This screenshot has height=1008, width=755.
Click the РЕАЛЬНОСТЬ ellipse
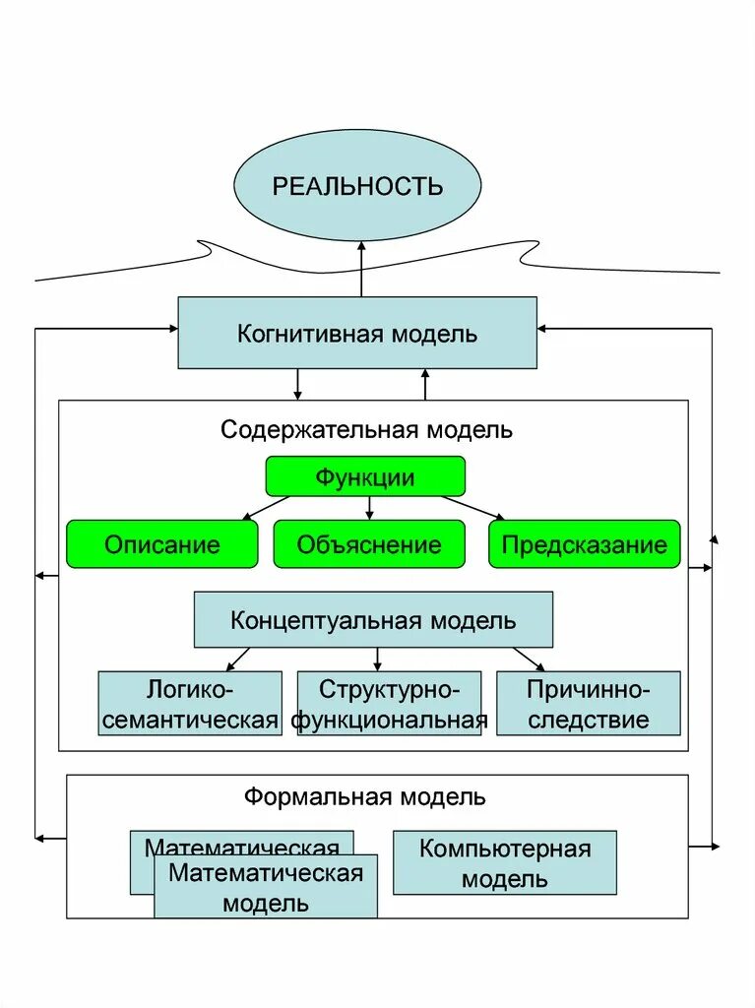click(357, 185)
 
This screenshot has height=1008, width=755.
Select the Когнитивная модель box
click(357, 333)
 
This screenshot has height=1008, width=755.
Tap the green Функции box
click(365, 477)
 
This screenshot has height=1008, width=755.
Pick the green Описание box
click(162, 544)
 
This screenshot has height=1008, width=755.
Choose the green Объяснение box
click(369, 544)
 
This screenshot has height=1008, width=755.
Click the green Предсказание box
click(585, 544)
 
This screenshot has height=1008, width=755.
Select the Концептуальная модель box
click(373, 620)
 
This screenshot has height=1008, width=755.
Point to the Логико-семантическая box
click(190, 703)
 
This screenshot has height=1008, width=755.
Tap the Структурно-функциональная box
click(389, 703)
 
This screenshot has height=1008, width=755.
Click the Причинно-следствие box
click(588, 703)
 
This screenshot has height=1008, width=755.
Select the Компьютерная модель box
click(505, 862)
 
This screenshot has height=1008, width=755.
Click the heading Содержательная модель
click(366, 430)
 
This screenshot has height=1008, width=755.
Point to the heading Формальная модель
click(365, 796)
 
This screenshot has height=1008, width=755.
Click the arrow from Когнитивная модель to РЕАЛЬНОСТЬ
click(361, 269)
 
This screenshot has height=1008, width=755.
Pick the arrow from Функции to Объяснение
click(369, 508)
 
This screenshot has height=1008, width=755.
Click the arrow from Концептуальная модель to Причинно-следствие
click(528, 659)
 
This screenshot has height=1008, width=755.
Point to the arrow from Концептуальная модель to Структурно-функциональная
click(376, 659)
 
